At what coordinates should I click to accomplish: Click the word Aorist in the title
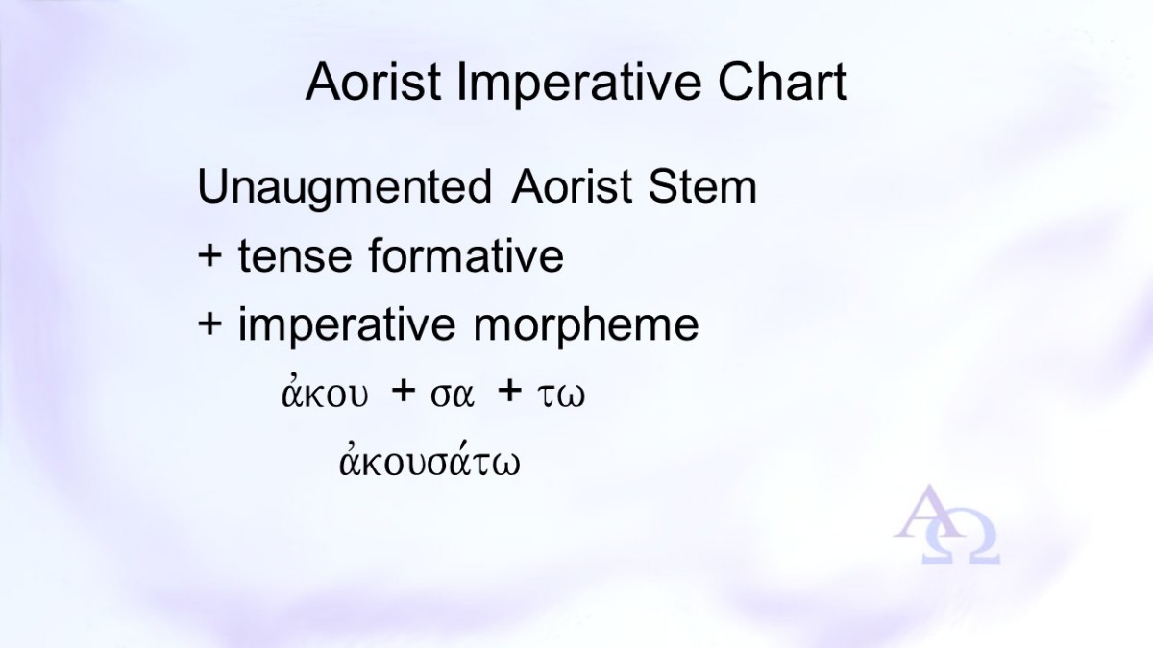pos(374,83)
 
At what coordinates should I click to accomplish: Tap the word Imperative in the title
pos(579,84)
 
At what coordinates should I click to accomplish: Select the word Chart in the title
pos(782,83)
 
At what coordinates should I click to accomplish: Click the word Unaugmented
pos(345,188)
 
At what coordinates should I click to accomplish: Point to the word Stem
pos(702,185)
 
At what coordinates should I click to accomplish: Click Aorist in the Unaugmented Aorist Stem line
pos(572,185)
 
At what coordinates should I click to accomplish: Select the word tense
pos(295,255)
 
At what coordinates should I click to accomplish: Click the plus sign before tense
pos(209,255)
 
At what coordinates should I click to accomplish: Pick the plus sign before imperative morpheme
pos(209,324)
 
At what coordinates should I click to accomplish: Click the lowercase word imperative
pos(347,325)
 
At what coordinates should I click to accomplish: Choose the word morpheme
pos(586,325)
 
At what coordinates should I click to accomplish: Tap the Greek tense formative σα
pos(452,396)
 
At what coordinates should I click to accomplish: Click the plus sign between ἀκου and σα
pos(403,391)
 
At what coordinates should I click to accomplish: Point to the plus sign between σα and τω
pos(509,391)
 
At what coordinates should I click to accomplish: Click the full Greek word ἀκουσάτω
pos(429,459)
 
